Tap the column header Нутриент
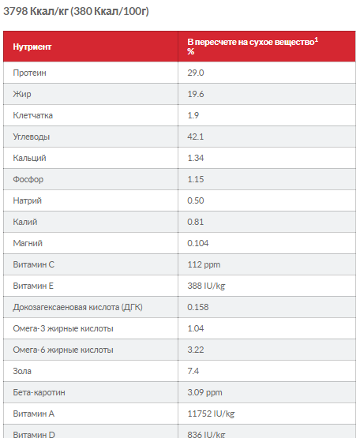click(x=32, y=47)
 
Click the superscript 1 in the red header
click(x=316, y=40)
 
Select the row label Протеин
click(x=29, y=73)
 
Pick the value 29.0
click(x=196, y=73)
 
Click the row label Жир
click(x=22, y=94)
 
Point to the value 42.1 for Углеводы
click(x=195, y=137)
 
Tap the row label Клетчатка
click(x=32, y=115)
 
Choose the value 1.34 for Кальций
click(x=196, y=158)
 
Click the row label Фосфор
click(x=28, y=179)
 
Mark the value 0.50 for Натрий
click(x=196, y=200)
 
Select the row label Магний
click(x=28, y=243)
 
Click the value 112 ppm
click(x=204, y=264)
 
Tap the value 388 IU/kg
click(x=206, y=286)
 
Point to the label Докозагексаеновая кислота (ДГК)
click(x=77, y=307)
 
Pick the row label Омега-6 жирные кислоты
click(x=63, y=350)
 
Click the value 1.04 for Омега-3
click(x=195, y=328)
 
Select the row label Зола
click(x=22, y=371)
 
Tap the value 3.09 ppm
click(x=205, y=392)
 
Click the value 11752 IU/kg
click(x=211, y=414)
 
